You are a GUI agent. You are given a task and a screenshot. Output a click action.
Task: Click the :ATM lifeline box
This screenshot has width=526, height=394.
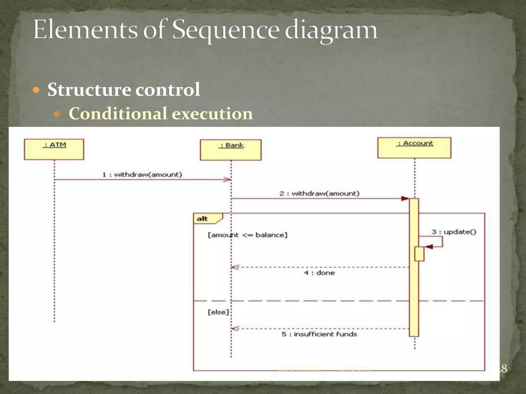tap(54, 149)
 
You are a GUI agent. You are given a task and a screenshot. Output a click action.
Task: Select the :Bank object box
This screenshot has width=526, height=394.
tap(231, 150)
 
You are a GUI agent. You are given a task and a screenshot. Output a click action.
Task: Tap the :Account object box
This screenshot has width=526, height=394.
tap(414, 148)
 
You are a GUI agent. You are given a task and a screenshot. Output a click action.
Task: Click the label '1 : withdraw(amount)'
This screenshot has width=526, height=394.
tap(142, 175)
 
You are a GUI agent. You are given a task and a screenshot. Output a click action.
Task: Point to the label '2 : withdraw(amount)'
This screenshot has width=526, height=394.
tap(319, 193)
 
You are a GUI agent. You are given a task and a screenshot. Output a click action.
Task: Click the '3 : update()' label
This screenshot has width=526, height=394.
tap(454, 232)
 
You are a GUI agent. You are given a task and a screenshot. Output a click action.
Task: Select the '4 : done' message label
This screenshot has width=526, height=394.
tap(319, 273)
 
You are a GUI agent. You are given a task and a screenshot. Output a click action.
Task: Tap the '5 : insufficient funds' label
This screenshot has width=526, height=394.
tap(319, 334)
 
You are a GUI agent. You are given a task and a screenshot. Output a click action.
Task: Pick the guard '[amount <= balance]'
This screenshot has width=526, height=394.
tap(247, 235)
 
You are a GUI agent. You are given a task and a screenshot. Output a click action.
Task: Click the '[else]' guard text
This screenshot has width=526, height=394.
tap(218, 312)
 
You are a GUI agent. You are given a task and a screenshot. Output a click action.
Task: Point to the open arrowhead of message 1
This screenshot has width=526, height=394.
tap(227, 180)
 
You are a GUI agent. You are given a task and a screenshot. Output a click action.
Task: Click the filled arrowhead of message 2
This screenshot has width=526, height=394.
tap(405, 199)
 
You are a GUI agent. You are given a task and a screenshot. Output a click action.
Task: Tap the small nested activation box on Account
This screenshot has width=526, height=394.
tap(419, 254)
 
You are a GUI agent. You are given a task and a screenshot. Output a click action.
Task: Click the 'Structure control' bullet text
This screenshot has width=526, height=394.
tap(124, 90)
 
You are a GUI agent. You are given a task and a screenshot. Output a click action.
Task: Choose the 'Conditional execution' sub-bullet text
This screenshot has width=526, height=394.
tap(161, 113)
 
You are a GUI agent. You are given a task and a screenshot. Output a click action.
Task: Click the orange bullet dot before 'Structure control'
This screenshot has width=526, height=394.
tap(36, 90)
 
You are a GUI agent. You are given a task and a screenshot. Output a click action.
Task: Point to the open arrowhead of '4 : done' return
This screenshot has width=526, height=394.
tap(235, 267)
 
